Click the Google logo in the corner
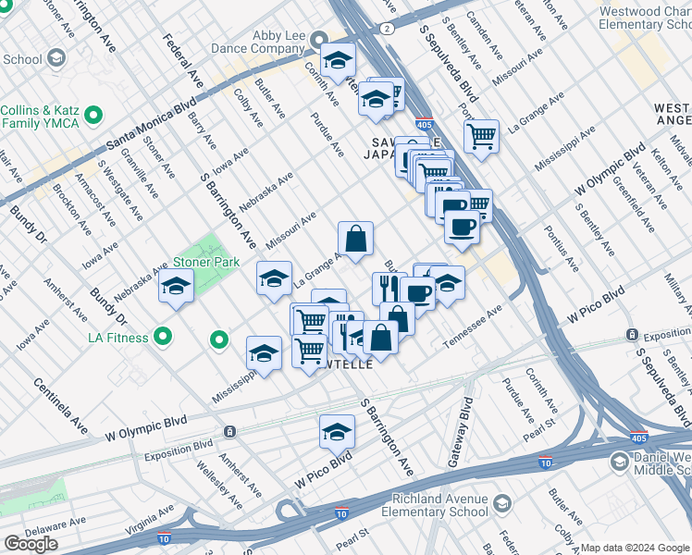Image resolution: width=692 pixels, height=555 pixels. pyautogui.click(x=31, y=544)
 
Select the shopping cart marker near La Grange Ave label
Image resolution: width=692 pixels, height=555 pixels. pyautogui.click(x=481, y=137)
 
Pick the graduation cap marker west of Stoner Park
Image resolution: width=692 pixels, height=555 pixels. pyautogui.click(x=175, y=287)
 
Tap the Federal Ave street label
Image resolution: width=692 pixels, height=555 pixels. pyautogui.click(x=183, y=62)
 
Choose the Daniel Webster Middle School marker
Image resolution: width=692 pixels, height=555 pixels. pyautogui.click(x=619, y=461)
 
